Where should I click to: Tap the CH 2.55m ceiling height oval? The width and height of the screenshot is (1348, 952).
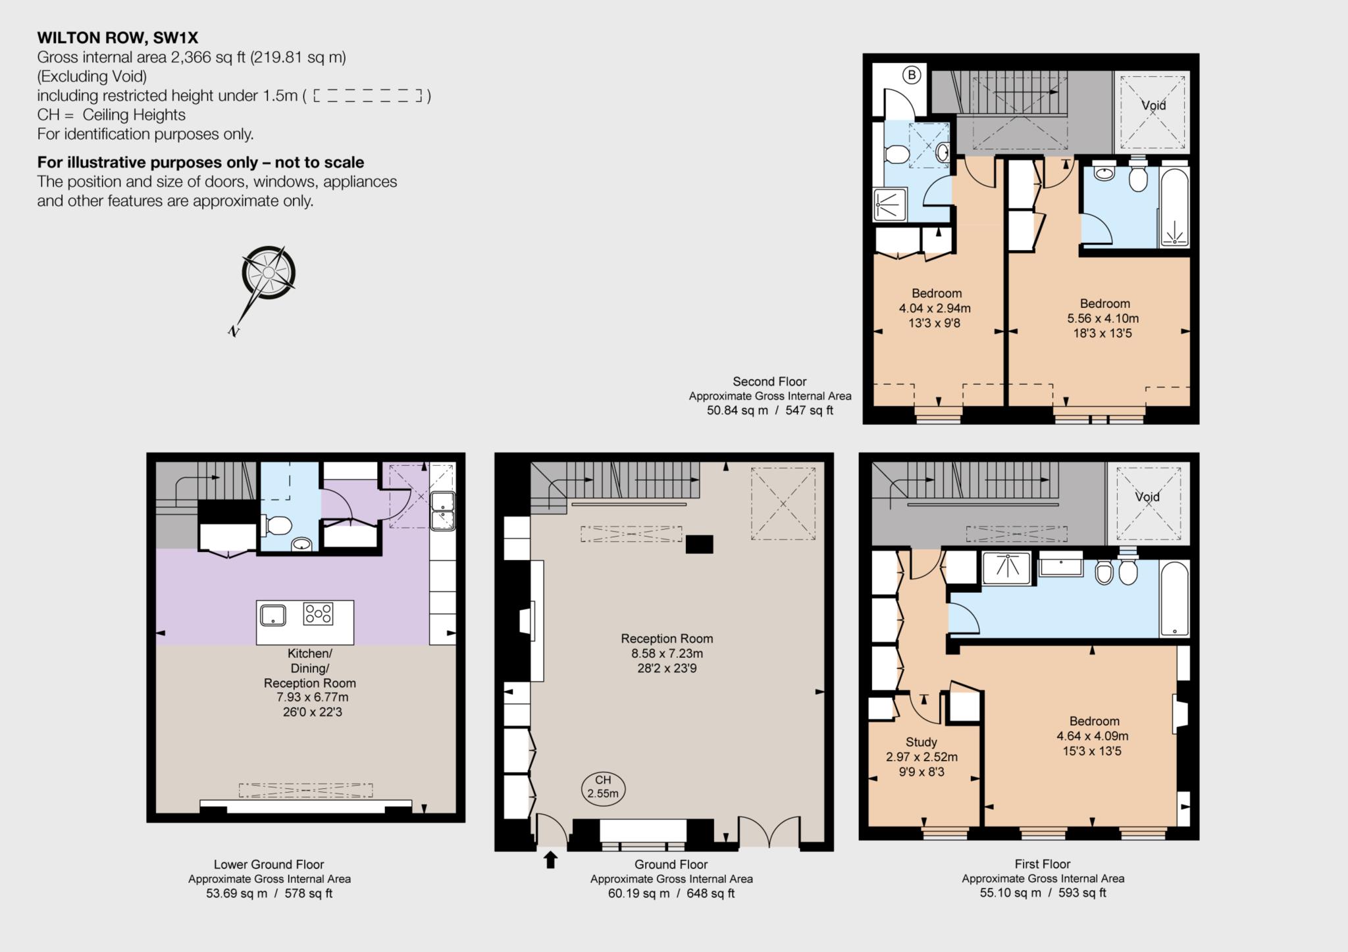pos(603,787)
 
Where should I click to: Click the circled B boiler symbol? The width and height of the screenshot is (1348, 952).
pos(912,75)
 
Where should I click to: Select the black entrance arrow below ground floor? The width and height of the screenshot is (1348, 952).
pos(551,859)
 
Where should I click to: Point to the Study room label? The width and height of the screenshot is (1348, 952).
pos(921,741)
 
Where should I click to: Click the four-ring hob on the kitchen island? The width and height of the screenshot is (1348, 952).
pos(318,614)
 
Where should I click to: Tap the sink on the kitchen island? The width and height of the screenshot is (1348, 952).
pos(273,615)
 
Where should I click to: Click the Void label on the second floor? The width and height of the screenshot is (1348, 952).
pos(1153,105)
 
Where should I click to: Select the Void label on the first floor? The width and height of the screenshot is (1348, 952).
pos(1147,497)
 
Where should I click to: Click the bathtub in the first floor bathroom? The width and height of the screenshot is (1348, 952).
pos(1175,599)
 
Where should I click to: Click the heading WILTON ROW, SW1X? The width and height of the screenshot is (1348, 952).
pos(117,38)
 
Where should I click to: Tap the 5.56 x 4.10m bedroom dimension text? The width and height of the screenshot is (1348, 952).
pos(1102,318)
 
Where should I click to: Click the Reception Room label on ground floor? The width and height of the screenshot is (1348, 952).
pos(667,638)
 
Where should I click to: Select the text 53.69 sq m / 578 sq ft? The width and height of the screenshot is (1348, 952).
pos(269,893)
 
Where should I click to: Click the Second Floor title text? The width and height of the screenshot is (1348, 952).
pos(769,382)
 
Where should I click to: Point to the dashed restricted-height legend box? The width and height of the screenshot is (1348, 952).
pos(367,96)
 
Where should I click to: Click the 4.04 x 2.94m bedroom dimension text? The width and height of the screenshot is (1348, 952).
pos(935,308)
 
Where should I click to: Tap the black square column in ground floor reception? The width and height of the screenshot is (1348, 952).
pos(699,544)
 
